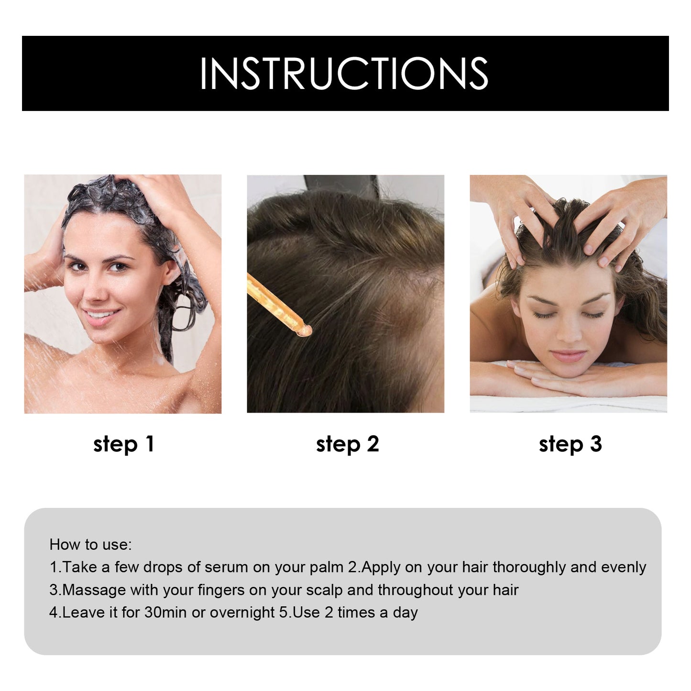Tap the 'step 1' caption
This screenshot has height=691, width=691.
click(x=123, y=444)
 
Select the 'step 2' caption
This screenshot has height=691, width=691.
click(x=347, y=444)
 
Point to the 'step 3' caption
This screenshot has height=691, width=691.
click(x=570, y=444)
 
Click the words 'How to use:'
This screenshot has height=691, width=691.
click(x=90, y=544)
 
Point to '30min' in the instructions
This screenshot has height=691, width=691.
click(x=165, y=612)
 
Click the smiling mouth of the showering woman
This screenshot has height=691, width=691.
click(x=101, y=316)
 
